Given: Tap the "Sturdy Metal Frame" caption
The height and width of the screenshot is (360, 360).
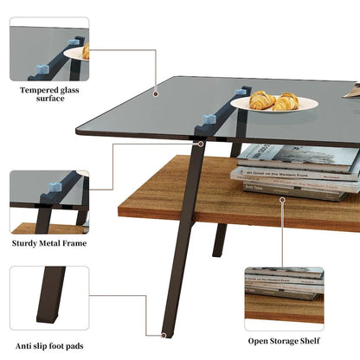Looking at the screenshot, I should click(x=49, y=244).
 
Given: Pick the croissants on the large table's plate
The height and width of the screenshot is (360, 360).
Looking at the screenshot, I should click(x=274, y=100).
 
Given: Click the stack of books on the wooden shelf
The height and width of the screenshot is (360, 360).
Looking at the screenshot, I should click(x=296, y=170).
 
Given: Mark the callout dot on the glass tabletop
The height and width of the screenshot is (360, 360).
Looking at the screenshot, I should click(x=156, y=93).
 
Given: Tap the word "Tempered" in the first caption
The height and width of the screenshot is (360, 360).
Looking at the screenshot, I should click(x=35, y=88).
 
